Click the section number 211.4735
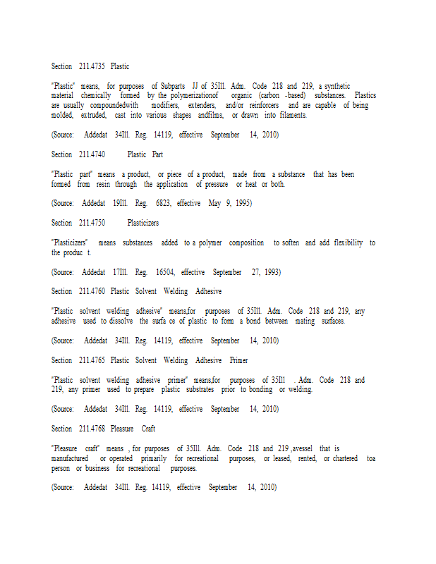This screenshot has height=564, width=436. [x=92, y=66]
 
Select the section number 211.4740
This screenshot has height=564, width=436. [x=92, y=154]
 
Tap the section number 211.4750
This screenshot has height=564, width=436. [x=92, y=223]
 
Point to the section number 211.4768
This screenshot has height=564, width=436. [x=92, y=429]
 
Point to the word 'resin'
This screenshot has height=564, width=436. [x=106, y=184]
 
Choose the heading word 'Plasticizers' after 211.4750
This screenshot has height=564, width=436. [x=143, y=223]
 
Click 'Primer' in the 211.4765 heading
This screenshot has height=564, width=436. [x=238, y=360]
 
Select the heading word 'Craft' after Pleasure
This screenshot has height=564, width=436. [x=148, y=429]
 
